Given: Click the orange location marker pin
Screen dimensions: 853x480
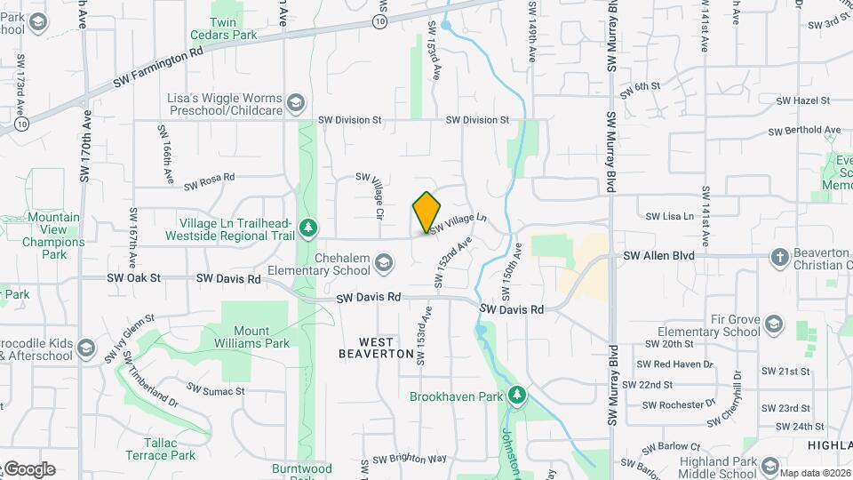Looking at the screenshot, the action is (427, 212).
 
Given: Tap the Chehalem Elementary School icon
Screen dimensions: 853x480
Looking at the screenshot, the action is (384, 261).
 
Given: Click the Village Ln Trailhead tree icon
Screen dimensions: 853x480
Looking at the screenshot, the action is (308, 228).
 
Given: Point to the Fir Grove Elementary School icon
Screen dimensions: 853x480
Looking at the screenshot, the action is (773, 324).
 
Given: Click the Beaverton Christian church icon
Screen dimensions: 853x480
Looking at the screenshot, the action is (779, 258).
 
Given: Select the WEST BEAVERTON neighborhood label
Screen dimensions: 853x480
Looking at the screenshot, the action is (376, 348).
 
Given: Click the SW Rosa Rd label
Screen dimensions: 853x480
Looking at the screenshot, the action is (210, 182).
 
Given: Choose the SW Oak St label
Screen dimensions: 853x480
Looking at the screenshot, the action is (133, 277).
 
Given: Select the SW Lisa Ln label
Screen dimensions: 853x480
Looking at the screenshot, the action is (669, 216).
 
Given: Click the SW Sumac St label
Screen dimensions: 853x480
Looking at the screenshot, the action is (215, 389).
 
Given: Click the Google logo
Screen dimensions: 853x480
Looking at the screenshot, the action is (28, 469).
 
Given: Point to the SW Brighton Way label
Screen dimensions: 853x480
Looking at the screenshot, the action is (409, 459).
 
